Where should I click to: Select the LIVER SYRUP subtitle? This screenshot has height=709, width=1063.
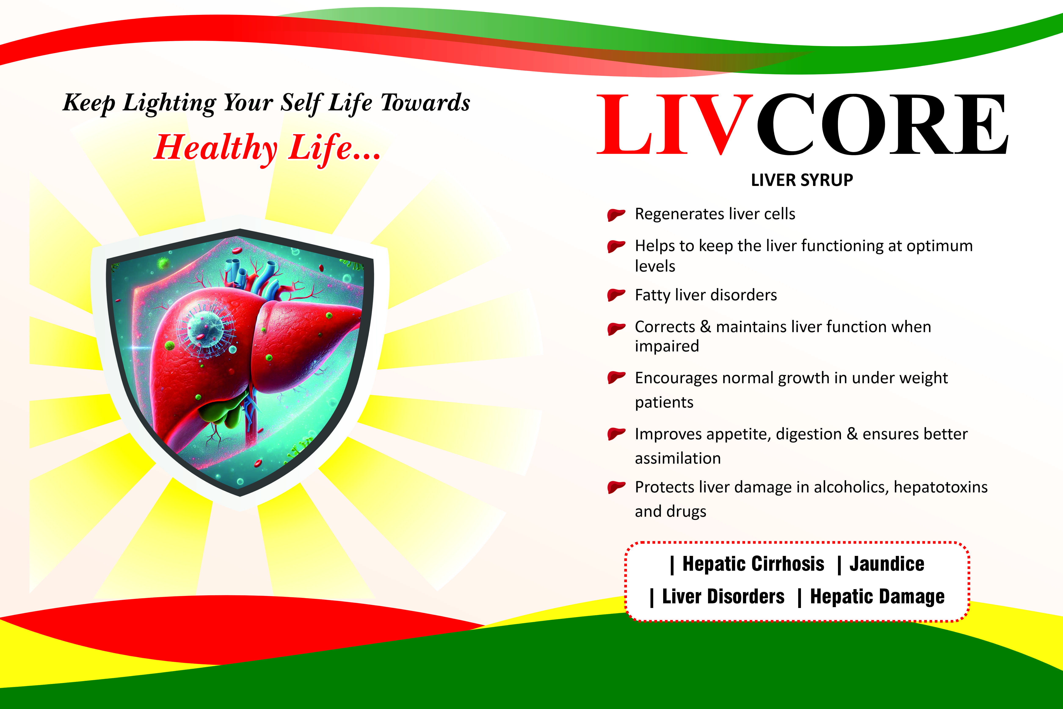pyautogui.click(x=802, y=180)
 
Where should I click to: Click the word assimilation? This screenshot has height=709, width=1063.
pyautogui.click(x=678, y=458)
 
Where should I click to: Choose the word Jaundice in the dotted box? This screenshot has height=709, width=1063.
pyautogui.click(x=887, y=564)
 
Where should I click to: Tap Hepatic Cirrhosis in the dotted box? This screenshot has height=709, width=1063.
pyautogui.click(x=753, y=564)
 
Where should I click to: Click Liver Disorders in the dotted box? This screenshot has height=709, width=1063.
pyautogui.click(x=723, y=596)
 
